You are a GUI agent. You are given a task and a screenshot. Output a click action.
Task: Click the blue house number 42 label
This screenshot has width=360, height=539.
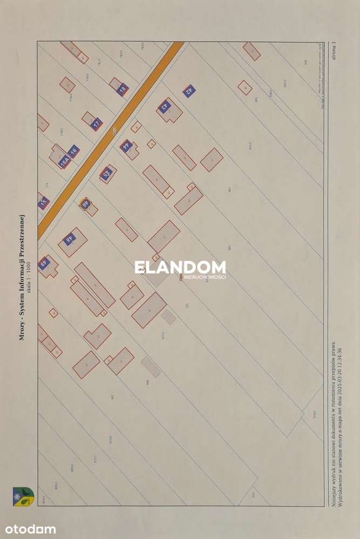point(188,91)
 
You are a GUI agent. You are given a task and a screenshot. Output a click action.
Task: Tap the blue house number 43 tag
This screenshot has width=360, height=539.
point(165,106)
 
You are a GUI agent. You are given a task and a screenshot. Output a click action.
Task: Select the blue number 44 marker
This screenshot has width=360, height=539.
point(126,145)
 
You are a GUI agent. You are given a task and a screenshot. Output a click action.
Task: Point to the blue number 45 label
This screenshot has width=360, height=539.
point(106,173)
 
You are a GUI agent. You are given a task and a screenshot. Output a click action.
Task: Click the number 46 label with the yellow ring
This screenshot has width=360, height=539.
point(85,203)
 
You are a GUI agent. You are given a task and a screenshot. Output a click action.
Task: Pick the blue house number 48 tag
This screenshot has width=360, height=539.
point(69,239)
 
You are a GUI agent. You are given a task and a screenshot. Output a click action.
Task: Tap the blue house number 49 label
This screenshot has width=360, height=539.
point(45,264)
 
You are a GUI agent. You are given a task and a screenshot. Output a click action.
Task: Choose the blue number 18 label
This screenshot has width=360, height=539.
point(123,89)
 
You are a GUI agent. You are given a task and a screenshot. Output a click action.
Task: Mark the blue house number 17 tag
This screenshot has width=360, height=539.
point(96,124)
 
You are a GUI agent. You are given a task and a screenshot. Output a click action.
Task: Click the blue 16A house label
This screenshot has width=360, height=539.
point(65,161)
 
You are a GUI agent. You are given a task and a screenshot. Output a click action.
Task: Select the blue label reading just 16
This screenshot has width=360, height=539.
point(74,151)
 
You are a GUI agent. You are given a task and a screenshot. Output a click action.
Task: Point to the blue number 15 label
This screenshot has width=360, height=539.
point(44,203)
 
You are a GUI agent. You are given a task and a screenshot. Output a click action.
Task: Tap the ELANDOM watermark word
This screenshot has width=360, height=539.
point(180,267)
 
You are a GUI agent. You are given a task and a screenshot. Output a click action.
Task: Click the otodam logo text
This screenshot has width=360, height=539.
point(31,529)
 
